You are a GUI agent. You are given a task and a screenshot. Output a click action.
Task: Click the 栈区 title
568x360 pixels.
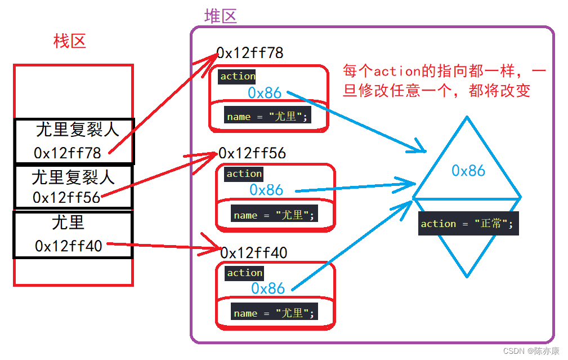(x=69, y=41)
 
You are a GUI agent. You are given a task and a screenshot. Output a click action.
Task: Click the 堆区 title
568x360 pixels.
(x=220, y=16)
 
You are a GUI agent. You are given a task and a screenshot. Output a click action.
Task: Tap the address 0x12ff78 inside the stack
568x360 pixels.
(x=68, y=153)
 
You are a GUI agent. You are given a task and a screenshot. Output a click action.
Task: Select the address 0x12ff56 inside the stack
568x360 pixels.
(x=66, y=198)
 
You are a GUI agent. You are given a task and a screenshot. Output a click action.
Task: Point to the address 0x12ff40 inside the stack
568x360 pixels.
(x=69, y=246)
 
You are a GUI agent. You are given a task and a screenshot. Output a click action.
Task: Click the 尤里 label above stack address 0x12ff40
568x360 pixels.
(x=68, y=223)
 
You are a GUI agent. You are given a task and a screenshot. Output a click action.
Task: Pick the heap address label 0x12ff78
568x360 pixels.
(x=251, y=53)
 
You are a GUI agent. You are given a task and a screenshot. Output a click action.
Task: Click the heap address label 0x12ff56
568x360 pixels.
(x=252, y=153)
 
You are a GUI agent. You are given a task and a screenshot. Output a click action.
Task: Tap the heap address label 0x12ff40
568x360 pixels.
(x=254, y=253)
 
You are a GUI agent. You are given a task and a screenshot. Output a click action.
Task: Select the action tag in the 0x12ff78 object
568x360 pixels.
(x=238, y=76)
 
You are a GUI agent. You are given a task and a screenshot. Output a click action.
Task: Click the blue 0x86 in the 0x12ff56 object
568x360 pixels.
(x=266, y=190)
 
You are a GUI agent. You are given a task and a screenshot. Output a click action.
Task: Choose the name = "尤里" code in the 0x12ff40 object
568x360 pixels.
(x=274, y=313)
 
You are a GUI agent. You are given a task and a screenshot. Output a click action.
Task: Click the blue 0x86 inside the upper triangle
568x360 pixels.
(x=468, y=170)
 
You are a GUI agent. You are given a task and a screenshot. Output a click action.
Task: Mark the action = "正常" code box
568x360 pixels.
(x=467, y=224)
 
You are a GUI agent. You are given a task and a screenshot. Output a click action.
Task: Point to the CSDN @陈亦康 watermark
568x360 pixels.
(x=531, y=351)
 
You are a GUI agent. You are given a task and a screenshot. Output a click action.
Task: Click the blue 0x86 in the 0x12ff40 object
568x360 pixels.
(x=268, y=288)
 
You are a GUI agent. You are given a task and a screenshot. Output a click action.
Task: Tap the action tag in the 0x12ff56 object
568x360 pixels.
(x=244, y=174)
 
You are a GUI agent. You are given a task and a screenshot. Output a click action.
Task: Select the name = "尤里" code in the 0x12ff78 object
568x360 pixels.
(x=268, y=117)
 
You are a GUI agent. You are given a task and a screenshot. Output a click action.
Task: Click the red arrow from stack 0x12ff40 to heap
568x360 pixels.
(x=163, y=246)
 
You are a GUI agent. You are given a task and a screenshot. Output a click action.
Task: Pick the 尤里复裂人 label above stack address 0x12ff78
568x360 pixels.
(x=77, y=130)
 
